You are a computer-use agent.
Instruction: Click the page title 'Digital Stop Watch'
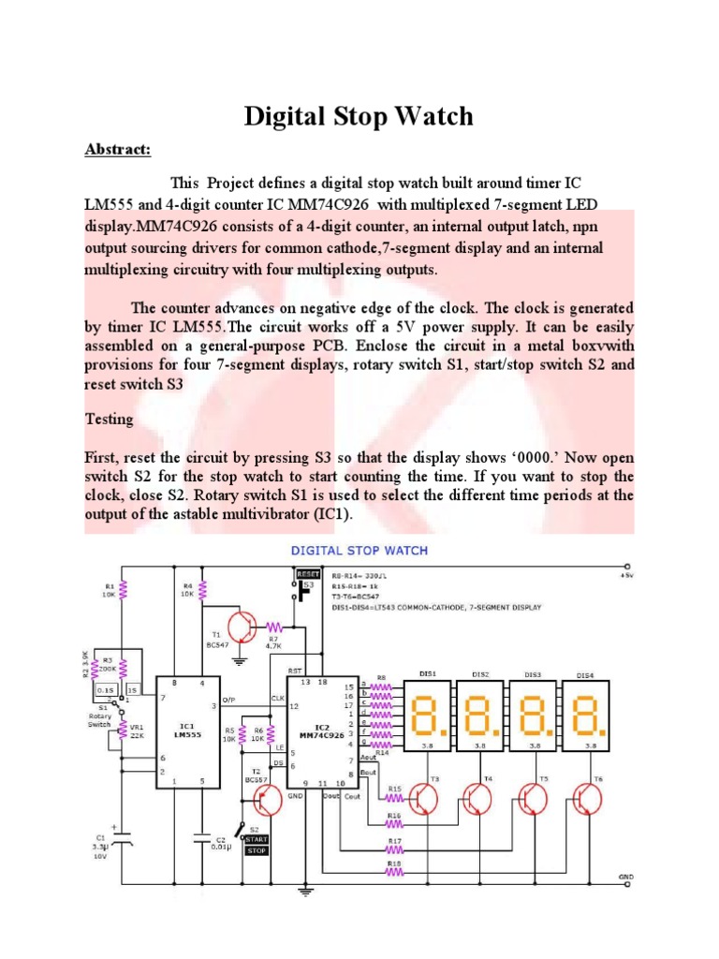tap(359, 117)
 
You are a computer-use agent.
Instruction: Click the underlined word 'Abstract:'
tap(117, 149)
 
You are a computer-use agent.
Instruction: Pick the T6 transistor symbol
tap(590, 799)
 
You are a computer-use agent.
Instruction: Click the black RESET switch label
tap(308, 573)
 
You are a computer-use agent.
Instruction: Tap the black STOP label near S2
tap(257, 850)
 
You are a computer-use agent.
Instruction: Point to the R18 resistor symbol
tap(394, 871)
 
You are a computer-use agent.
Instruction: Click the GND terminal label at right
tap(626, 878)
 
